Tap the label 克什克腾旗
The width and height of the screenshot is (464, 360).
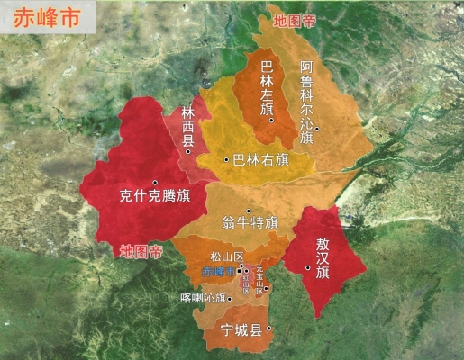click(154, 195)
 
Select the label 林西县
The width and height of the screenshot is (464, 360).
click(188, 125)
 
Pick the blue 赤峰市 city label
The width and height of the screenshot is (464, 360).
click(216, 271)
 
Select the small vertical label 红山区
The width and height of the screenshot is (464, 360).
click(245, 281)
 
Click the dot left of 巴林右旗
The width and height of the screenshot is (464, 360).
click(226, 160)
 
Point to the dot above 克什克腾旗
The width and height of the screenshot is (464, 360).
click(155, 182)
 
